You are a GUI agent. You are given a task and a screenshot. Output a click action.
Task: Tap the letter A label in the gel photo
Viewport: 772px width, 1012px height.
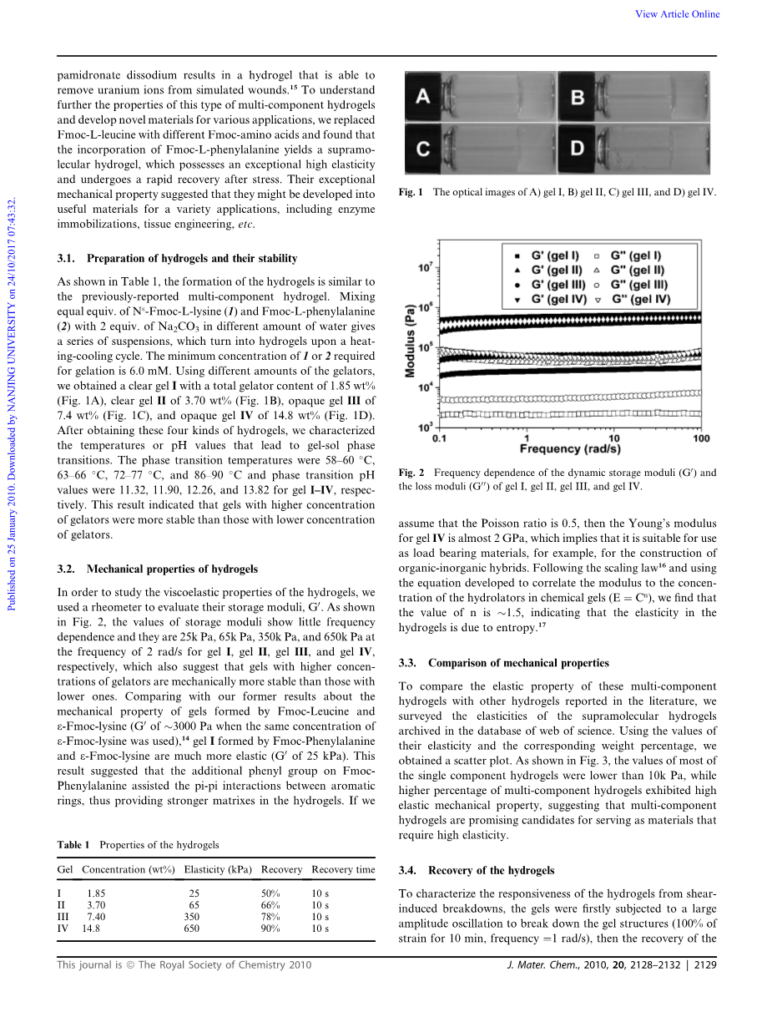pos(423,98)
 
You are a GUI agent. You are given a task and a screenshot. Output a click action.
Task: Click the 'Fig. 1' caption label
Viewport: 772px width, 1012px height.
pos(411,193)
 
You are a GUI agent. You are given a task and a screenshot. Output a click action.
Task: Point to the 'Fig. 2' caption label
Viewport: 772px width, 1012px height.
pos(411,473)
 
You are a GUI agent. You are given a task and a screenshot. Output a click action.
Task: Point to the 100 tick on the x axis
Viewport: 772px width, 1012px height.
pos(701,438)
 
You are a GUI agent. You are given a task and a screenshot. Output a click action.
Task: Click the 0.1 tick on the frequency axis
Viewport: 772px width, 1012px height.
pos(442,438)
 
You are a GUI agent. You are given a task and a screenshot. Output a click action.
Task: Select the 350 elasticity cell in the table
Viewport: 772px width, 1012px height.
pos(191,916)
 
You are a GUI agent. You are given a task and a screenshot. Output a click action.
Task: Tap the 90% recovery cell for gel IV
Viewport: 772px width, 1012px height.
pos(270,928)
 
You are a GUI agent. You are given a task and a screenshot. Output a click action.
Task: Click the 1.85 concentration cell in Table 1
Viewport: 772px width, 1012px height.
pos(96,893)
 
